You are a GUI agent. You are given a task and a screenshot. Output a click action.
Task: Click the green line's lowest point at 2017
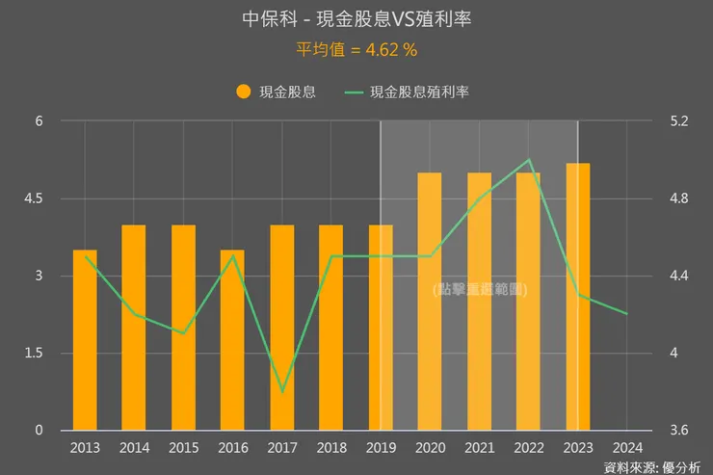point(282,392)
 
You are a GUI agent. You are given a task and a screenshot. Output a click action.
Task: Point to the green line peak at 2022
point(529,160)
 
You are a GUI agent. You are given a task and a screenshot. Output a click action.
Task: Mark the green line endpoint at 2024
point(627,314)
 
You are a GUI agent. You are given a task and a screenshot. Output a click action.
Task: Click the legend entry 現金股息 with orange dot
point(276,92)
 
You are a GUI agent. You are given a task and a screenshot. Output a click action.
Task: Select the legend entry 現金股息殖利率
point(409,92)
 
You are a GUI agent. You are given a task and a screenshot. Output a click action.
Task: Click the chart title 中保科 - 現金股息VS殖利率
point(356,19)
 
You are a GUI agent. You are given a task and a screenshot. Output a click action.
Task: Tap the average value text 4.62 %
point(356,47)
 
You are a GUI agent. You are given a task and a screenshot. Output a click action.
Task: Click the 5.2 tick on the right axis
point(678,121)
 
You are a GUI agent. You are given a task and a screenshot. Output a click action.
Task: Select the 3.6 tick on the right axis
point(678,431)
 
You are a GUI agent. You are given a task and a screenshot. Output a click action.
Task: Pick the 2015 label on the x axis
point(183,448)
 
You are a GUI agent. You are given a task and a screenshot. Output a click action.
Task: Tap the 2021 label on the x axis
point(479,448)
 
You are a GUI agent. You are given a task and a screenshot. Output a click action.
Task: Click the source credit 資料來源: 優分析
point(652,466)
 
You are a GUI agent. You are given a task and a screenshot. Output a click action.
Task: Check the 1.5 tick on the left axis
point(34,354)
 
